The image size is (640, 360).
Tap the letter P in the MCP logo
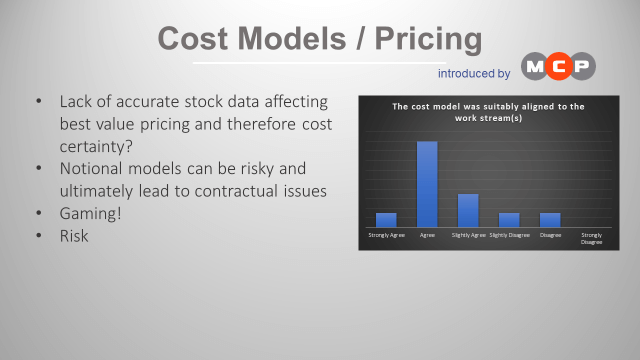coord(581,67)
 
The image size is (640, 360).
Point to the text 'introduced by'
coord(474,73)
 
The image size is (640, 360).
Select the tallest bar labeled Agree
coord(427,184)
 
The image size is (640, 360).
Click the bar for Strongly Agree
coord(386,220)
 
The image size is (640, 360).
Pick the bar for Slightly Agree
coord(468,210)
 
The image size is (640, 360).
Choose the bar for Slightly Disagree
coord(509,220)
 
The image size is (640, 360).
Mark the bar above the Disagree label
coord(550,220)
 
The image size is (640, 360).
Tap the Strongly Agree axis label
coord(386,235)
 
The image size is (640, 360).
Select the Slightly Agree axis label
coord(468,235)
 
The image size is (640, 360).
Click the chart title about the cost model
coord(488,112)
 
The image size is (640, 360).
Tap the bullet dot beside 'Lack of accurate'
coord(38,102)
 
